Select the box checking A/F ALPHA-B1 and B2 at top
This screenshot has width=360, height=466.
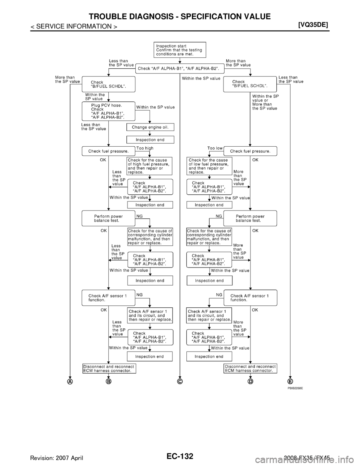tap(180, 69)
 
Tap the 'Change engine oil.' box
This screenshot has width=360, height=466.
tap(150, 127)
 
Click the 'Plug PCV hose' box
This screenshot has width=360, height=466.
tap(108, 111)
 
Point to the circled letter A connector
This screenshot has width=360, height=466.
tap(70, 381)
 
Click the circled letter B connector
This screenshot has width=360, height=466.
tap(109, 381)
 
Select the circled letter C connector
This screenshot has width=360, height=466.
tap(180, 381)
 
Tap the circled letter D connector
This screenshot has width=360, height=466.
tap(250, 381)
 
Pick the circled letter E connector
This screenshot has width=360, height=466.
tap(290, 381)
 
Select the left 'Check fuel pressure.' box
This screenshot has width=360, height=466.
tap(108, 151)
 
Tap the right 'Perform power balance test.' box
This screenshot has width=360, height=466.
tap(250, 218)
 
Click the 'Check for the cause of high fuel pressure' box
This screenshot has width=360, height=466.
tap(150, 166)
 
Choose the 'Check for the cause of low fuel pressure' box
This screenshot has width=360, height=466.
tap(209, 166)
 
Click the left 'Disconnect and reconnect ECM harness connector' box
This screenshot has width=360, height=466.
tap(109, 368)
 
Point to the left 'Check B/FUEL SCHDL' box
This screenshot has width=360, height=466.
tap(108, 84)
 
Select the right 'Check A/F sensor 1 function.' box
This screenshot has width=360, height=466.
tap(250, 298)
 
